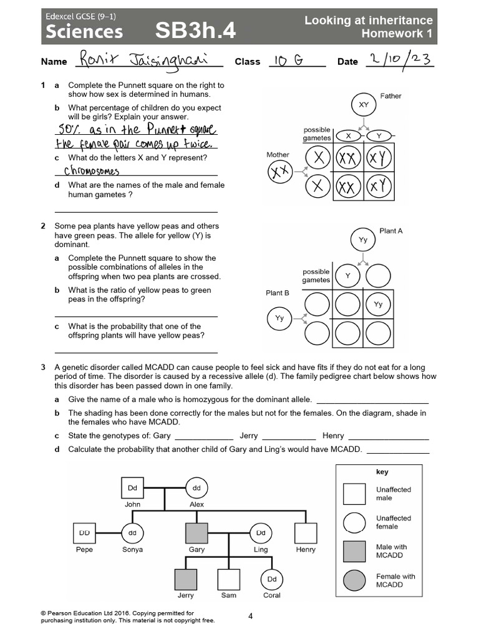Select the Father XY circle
click(x=364, y=105)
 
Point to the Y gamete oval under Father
click(x=378, y=135)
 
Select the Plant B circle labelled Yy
click(x=279, y=318)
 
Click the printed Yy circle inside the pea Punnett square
click(x=378, y=305)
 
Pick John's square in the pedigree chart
click(x=132, y=488)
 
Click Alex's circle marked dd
click(x=196, y=488)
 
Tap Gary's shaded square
click(x=196, y=534)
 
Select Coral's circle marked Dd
click(x=271, y=579)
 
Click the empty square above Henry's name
click(x=306, y=534)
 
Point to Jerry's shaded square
click(x=185, y=579)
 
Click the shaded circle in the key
click(x=354, y=581)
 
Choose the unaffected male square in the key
click(x=354, y=494)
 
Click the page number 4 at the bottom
click(x=250, y=617)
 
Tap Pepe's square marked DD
click(x=84, y=534)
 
